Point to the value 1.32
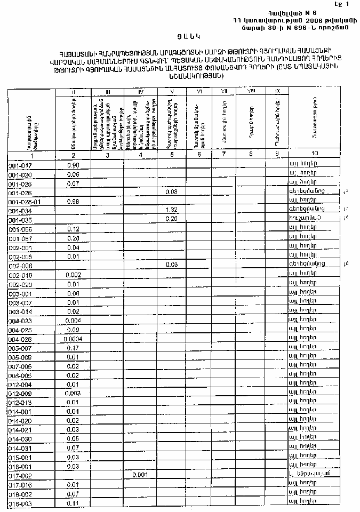[171, 211]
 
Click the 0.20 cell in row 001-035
[171, 219]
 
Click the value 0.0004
[73, 339]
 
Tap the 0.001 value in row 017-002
[139, 475]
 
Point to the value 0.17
[73, 348]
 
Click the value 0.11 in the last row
[73, 503]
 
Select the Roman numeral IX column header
[276, 92]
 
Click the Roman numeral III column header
[108, 92]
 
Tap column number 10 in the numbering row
[315, 154]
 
